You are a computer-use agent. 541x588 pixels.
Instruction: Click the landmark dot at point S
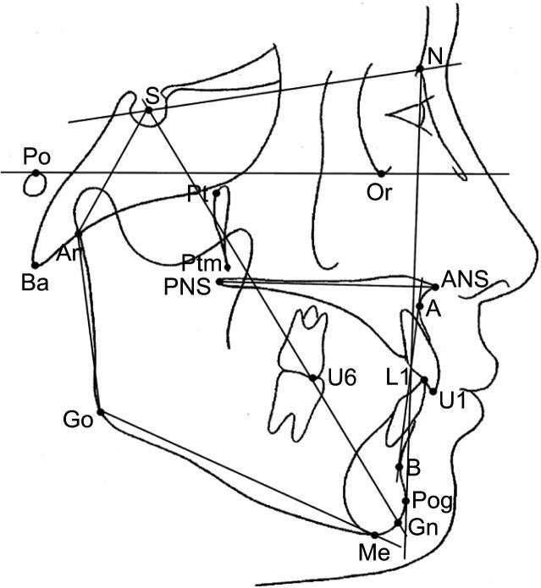pos(149,109)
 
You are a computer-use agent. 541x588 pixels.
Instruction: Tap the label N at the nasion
pos(435,58)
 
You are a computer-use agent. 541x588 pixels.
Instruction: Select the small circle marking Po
pos(36,174)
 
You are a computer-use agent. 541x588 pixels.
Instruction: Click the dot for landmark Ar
pos(77,234)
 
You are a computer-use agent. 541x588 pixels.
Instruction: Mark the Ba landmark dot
pos(36,265)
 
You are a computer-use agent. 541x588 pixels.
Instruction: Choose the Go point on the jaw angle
pos(100,412)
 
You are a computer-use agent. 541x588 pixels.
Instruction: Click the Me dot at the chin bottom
pos(375,534)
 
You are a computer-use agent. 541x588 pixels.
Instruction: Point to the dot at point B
pos(400,466)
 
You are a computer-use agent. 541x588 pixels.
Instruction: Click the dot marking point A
pos(420,306)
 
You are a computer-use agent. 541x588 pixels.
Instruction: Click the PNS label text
pos(188,289)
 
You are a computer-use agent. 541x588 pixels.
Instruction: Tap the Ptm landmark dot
pos(226,267)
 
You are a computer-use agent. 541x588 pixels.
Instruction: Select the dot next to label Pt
pos(217,193)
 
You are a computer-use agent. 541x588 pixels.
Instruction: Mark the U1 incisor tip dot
pos(433,391)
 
